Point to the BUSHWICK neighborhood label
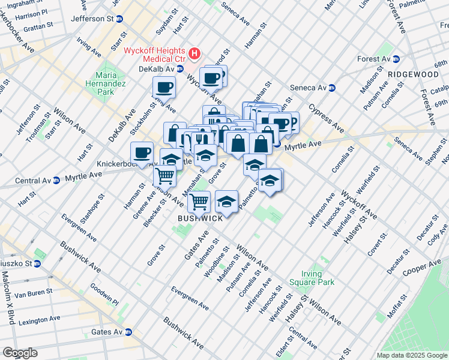(x=200, y=218)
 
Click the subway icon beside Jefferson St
(x=120, y=19)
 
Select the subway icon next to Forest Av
(x=396, y=59)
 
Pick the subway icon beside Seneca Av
(x=331, y=88)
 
